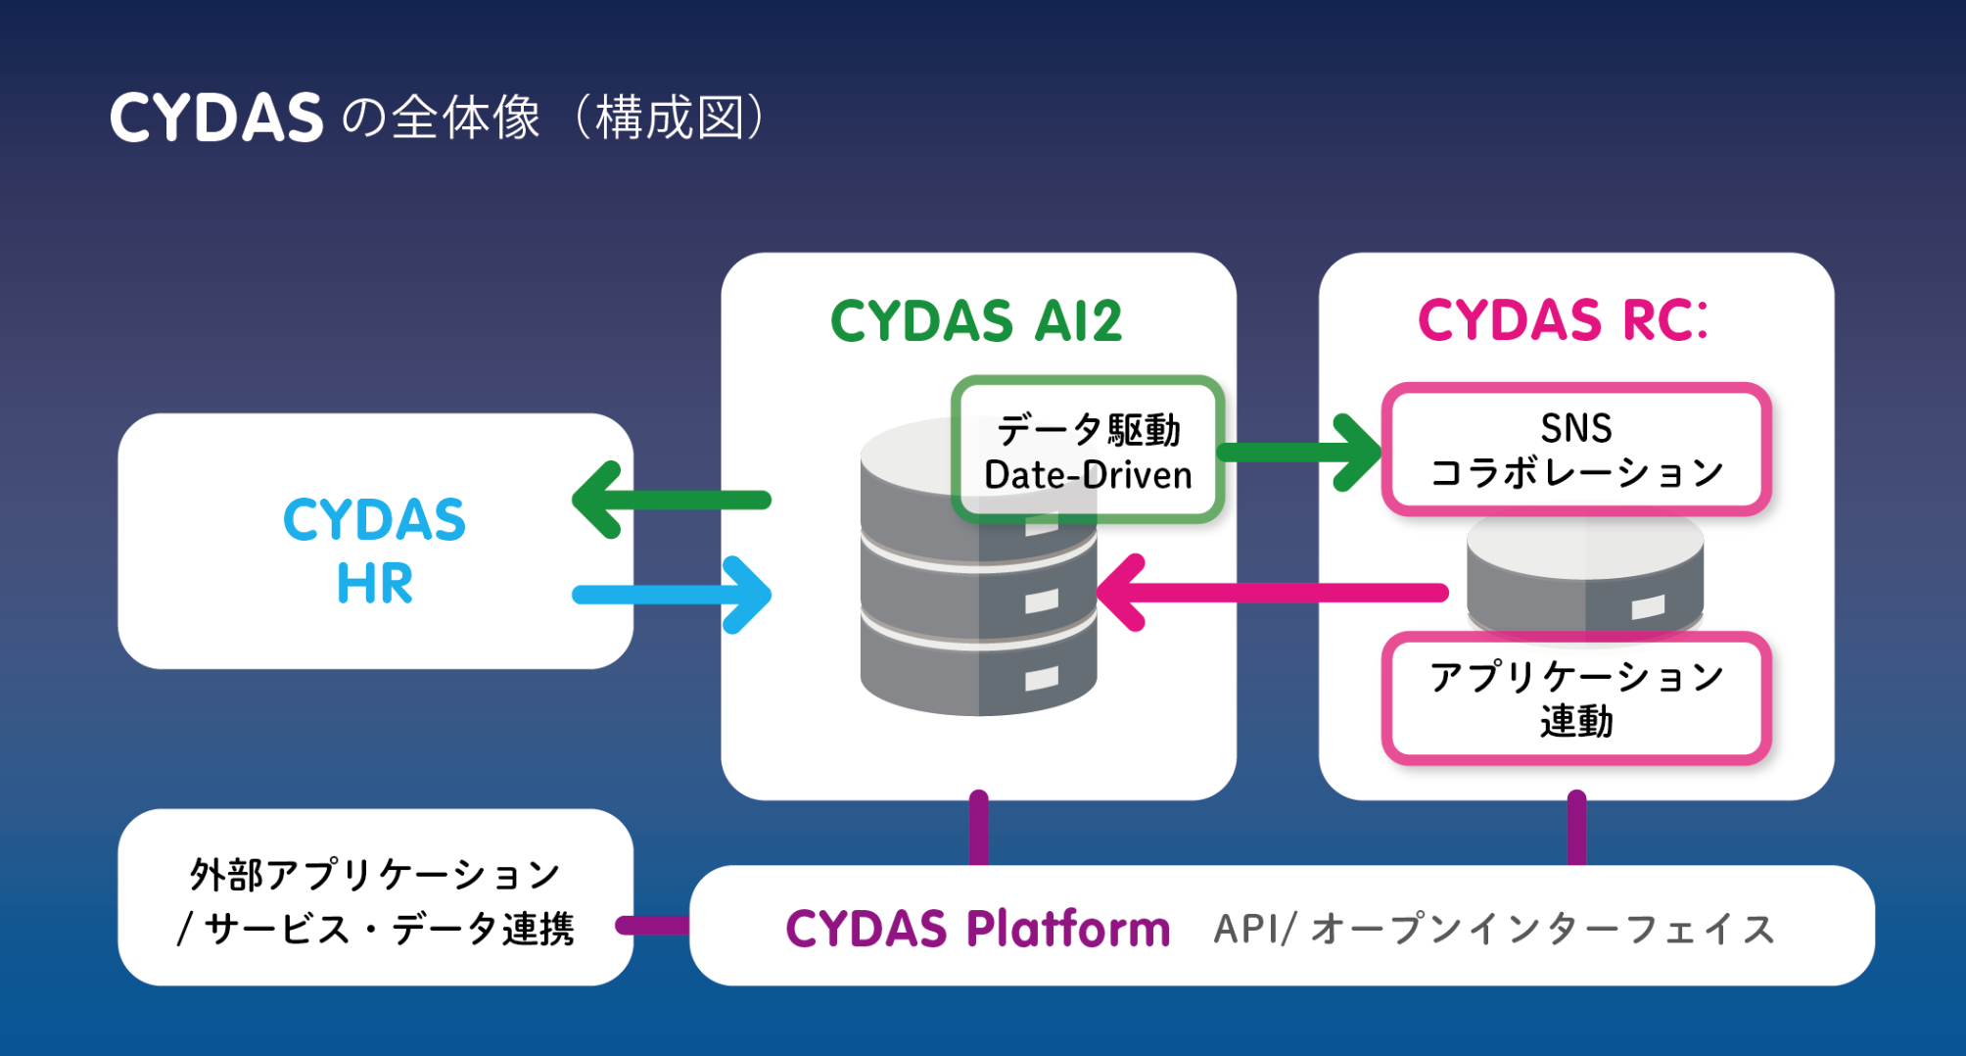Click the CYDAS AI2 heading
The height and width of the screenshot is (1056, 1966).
point(976,320)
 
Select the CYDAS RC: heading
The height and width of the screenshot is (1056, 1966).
point(1564,320)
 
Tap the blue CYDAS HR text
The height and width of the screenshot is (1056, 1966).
point(374,550)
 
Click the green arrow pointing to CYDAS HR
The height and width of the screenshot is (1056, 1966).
point(672,500)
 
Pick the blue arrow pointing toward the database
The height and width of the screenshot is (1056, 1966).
point(672,595)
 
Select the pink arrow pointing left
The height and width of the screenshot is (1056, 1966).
point(1273,593)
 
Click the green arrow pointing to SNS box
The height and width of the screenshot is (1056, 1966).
point(1298,452)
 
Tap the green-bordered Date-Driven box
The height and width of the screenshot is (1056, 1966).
point(1088,451)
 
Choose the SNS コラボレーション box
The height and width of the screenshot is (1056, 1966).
point(1575,450)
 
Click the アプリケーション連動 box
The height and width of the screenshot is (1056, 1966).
point(1575,698)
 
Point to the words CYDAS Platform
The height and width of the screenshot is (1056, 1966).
point(977,928)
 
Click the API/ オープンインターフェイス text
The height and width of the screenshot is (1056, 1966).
point(1494,929)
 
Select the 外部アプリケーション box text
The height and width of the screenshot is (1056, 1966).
point(375,900)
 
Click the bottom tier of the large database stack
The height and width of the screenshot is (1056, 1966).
point(978,676)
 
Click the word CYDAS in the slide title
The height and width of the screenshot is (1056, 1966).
point(216,119)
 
